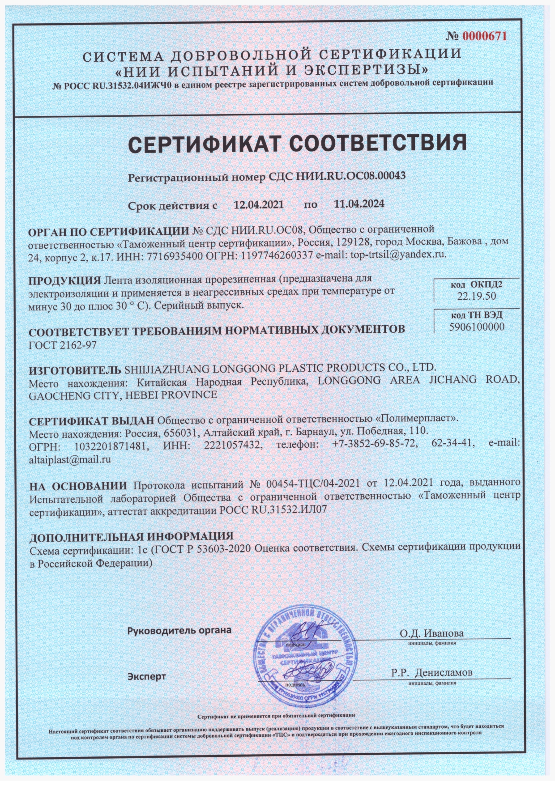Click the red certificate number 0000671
485,36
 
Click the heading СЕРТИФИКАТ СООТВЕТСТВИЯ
297,143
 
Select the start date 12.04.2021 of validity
259,204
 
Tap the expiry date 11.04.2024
359,204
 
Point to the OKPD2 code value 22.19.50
476,296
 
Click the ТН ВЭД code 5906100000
477,327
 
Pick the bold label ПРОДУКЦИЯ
64,281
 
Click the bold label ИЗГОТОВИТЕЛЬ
75,370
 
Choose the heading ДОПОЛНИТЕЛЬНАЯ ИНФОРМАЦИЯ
132,536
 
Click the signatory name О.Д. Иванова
431,633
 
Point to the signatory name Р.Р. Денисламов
431,672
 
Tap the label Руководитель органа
179,630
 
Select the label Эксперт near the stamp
146,676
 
